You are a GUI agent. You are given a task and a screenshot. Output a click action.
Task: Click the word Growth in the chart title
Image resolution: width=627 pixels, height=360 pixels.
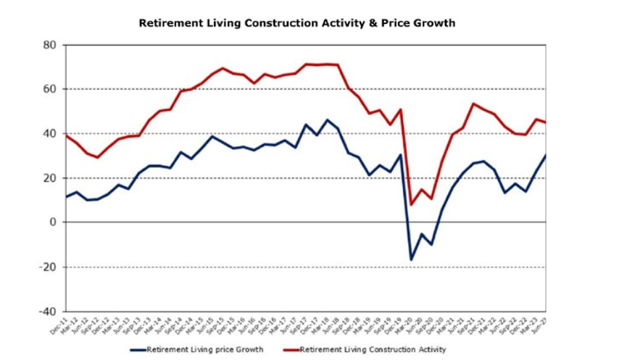tap(435, 23)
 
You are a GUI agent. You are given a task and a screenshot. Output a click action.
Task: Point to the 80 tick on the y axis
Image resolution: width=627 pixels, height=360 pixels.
tap(50, 45)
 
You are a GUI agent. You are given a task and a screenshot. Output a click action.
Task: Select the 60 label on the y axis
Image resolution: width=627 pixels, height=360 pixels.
tap(50, 89)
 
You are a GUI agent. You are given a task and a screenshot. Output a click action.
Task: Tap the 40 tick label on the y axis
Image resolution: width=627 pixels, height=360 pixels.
tap(50, 134)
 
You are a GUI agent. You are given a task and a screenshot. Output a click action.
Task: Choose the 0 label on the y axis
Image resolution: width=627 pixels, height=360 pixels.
tap(53, 222)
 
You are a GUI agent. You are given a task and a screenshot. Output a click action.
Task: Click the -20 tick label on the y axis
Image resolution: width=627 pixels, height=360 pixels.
tap(48, 267)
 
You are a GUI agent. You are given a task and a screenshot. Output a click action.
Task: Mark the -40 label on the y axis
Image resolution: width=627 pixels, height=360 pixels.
tap(48, 311)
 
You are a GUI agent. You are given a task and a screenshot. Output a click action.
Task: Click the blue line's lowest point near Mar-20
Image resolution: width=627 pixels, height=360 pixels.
tap(412, 259)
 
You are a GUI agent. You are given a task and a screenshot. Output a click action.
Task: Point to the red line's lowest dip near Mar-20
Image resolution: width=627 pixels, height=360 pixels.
tap(412, 204)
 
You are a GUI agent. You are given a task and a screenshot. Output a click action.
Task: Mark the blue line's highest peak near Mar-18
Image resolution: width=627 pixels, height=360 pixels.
tap(327, 120)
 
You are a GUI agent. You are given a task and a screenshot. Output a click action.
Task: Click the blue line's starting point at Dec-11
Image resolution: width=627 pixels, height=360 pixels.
tap(67, 196)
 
